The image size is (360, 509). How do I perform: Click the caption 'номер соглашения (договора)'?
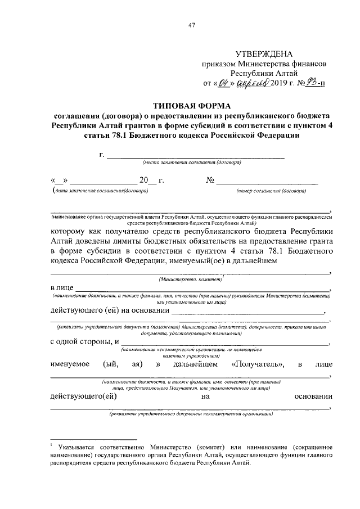click(271, 191)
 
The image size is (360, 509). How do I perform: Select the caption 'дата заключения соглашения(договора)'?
click(100, 191)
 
